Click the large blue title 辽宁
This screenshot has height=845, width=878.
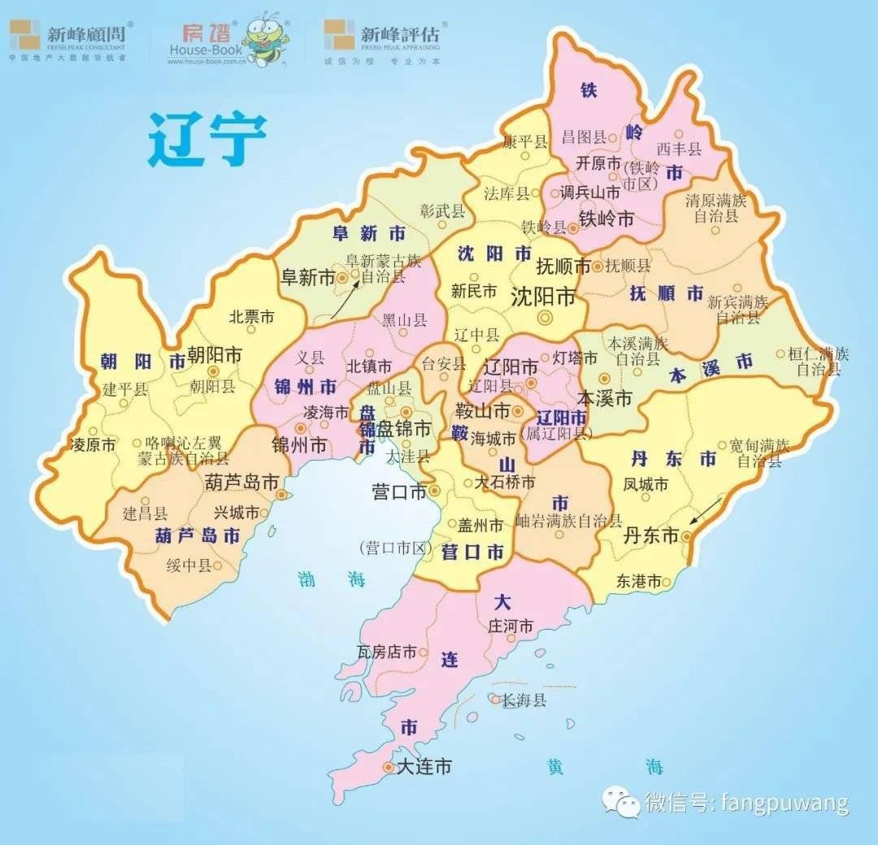[x=207, y=139]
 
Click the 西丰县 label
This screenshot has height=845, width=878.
[x=679, y=149]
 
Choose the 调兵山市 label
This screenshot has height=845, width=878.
[x=590, y=193]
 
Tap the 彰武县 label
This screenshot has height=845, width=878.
[x=443, y=211]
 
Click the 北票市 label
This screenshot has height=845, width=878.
[x=251, y=317]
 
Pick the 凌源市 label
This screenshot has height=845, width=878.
[x=94, y=444]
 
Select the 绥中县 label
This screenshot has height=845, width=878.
[x=189, y=565]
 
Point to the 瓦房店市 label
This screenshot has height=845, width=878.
[x=387, y=652]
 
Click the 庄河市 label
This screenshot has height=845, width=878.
[x=510, y=626]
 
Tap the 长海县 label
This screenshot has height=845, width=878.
[x=524, y=700]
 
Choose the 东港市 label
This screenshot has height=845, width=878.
[x=638, y=581]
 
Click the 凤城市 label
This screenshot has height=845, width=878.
[x=645, y=485]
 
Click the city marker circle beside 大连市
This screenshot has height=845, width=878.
[x=387, y=766]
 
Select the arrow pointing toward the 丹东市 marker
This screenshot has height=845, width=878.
[x=706, y=511]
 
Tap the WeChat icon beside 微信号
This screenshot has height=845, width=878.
[x=621, y=802]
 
